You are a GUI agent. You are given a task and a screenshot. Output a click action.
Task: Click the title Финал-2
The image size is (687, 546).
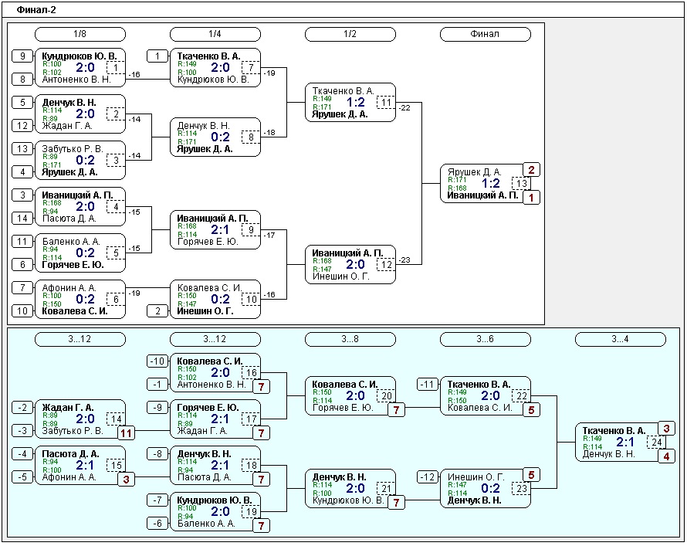tap(36, 9)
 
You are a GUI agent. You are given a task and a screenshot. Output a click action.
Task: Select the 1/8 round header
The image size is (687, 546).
tap(80, 34)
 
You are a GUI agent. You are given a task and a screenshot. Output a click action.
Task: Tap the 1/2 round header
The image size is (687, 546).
tap(350, 34)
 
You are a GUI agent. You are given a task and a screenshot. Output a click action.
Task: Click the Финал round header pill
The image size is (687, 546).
tap(485, 34)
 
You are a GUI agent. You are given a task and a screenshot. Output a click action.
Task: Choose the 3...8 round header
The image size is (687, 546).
tap(350, 339)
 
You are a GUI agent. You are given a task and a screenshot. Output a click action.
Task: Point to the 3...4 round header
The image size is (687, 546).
tap(621, 339)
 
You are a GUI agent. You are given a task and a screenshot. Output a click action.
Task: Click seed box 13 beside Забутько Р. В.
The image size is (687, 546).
tap(22, 149)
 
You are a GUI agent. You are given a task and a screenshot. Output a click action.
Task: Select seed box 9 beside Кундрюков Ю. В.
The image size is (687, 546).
tap(22, 56)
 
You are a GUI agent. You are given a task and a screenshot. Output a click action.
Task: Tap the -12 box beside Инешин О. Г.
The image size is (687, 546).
tap(428, 476)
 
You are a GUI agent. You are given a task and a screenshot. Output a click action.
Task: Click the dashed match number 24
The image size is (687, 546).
tap(656, 443)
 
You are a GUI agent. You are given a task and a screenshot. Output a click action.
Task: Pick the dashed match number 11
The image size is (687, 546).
tap(386, 103)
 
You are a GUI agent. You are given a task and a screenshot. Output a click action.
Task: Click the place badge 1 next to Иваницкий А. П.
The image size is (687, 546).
tap(532, 198)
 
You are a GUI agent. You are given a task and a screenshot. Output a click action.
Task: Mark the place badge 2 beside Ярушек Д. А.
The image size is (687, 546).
tap(532, 170)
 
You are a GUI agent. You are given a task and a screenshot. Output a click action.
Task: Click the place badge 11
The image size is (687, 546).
tap(126, 433)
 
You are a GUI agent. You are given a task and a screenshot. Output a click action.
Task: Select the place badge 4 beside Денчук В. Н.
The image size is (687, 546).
tap(666, 456)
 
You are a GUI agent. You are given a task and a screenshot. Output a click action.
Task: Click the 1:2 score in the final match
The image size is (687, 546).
tap(491, 183)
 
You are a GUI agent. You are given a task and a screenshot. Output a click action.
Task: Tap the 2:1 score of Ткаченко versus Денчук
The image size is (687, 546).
tap(625, 443)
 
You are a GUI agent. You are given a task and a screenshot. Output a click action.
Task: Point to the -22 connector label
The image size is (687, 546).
tap(404, 108)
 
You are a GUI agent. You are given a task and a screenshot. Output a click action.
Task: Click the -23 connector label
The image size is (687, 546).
tap(404, 259)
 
